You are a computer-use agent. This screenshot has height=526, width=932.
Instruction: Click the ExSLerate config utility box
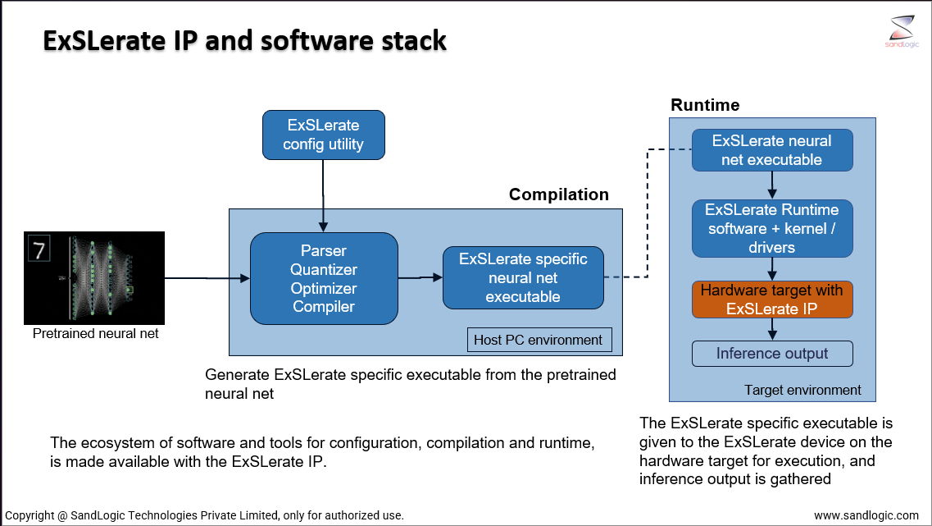click(x=323, y=135)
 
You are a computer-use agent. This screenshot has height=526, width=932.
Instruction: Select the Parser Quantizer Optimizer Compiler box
click(x=324, y=278)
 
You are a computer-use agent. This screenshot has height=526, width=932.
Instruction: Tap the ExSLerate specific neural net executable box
click(x=522, y=278)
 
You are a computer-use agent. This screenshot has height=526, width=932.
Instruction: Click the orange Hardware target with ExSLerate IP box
click(x=772, y=300)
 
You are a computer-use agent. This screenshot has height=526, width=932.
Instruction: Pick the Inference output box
click(x=772, y=354)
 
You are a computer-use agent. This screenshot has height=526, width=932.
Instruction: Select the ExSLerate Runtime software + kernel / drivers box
click(x=772, y=228)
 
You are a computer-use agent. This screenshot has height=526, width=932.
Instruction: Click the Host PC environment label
click(x=539, y=340)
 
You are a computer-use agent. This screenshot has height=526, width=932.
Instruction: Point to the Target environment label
click(x=802, y=390)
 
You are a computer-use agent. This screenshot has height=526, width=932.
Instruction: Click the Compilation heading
click(x=558, y=194)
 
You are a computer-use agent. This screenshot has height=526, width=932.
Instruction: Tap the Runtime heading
click(x=705, y=105)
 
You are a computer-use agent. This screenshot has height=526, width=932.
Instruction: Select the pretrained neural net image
click(x=94, y=277)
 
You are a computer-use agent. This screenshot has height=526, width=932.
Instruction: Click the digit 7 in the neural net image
click(x=39, y=248)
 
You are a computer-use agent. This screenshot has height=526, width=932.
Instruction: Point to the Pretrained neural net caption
click(x=95, y=334)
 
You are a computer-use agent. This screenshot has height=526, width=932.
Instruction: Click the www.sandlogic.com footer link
click(x=866, y=515)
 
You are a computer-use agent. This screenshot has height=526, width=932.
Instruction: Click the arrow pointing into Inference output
click(x=772, y=329)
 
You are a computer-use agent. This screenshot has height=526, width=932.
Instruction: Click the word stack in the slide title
click(x=413, y=40)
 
